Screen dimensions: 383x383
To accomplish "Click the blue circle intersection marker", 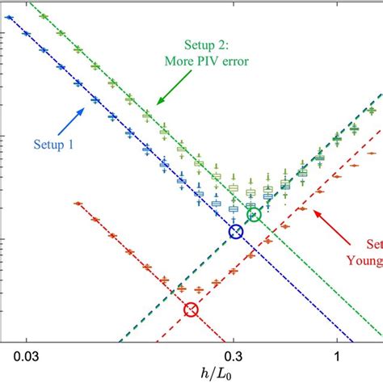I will coord(235,232).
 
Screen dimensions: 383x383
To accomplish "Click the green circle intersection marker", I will coord(254,214).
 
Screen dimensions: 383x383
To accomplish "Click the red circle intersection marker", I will coord(191,309).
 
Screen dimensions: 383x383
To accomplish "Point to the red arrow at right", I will coord(327,221).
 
